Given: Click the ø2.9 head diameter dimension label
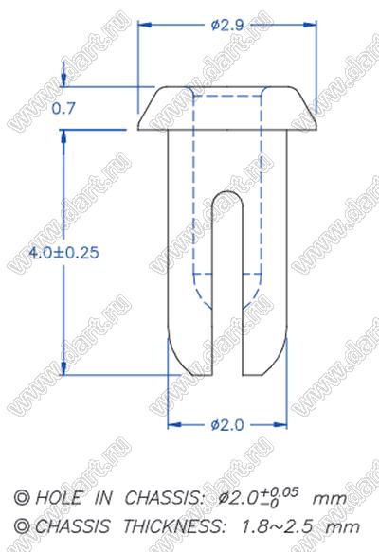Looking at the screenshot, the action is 227,25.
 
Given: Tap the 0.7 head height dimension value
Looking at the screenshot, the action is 63,108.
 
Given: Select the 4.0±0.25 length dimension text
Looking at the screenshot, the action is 63,253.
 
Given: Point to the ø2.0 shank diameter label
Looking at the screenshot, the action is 227,425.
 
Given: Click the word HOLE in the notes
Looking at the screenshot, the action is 58,498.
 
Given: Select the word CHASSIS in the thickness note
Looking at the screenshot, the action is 72,526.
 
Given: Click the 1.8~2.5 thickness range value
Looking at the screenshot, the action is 278,527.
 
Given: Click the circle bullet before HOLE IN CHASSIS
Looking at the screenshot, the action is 22,498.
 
